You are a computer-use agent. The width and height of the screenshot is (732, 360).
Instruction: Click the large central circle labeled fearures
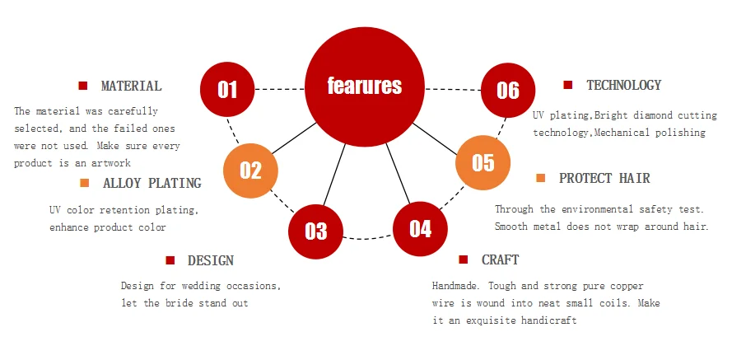tap(365, 86)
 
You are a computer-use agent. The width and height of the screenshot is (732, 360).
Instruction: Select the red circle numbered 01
tap(227, 89)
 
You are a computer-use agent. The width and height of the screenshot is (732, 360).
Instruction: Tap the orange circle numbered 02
tap(250, 171)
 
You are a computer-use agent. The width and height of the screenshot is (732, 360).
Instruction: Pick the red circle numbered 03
tap(315, 231)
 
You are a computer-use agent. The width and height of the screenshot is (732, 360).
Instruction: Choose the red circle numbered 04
tap(420, 229)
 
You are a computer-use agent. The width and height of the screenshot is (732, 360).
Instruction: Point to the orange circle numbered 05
tap(483, 162)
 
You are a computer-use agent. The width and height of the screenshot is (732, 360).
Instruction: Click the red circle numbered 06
tap(508, 90)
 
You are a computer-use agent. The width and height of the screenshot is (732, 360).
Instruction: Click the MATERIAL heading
tap(131, 86)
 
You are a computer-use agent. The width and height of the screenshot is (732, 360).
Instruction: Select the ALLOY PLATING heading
tap(152, 183)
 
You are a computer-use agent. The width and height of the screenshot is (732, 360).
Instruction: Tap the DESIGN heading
tap(211, 260)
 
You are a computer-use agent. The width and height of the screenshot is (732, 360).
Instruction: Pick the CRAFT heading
tap(500, 259)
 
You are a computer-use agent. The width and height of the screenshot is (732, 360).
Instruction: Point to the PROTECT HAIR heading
tap(604, 178)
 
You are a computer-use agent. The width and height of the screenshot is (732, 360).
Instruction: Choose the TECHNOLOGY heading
tap(623, 85)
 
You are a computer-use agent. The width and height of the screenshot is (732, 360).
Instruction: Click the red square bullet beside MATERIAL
tap(83, 86)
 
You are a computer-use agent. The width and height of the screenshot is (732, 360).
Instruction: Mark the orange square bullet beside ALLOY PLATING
tap(85, 183)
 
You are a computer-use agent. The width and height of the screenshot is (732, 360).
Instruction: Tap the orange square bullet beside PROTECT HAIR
tap(541, 178)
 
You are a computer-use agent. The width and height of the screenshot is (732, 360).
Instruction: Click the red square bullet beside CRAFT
tap(463, 259)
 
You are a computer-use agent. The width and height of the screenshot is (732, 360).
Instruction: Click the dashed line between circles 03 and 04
tap(368, 239)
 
